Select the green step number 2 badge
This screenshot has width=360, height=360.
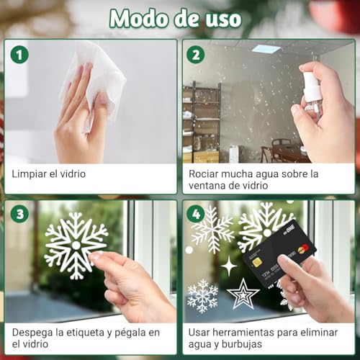pyautogui.click(x=195, y=54)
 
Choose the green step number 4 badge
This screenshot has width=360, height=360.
pyautogui.click(x=195, y=214)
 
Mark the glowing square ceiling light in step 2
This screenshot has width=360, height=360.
pyautogui.click(x=267, y=49)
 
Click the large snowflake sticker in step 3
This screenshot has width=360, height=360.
pyautogui.click(x=74, y=243)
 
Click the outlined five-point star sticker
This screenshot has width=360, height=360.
pyautogui.click(x=243, y=294)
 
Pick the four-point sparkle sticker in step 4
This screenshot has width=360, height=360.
pyautogui.click(x=228, y=266)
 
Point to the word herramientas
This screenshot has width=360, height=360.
pyautogui.click(x=251, y=333)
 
